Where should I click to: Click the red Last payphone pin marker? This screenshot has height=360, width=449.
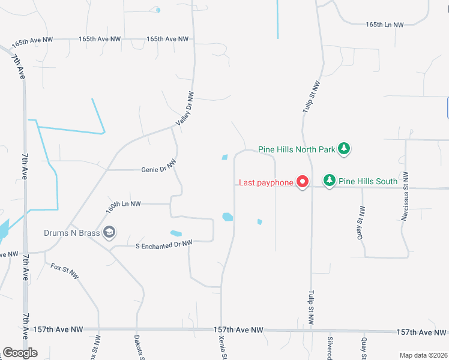[x=303, y=182]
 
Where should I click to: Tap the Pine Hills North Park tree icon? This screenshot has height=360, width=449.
[x=343, y=149]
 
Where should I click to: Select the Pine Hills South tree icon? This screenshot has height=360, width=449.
[x=329, y=180]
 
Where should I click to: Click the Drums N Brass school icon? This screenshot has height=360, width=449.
[x=109, y=232]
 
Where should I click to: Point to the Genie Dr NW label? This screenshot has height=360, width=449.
[x=158, y=169]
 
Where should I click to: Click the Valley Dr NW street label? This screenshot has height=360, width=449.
[x=185, y=109]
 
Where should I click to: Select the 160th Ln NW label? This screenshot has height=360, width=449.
[x=123, y=205]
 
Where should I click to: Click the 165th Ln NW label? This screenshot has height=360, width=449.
[x=385, y=25]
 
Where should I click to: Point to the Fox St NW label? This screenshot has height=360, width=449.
[x=65, y=271]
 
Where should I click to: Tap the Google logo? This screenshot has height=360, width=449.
[x=20, y=353]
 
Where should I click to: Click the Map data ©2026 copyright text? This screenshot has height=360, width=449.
[x=423, y=355]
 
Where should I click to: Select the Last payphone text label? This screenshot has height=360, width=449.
[x=266, y=182]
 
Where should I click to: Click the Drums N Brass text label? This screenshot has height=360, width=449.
[x=71, y=232]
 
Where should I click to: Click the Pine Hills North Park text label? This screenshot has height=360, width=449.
[x=297, y=149]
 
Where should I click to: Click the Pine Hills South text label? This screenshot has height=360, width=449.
[x=368, y=181]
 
